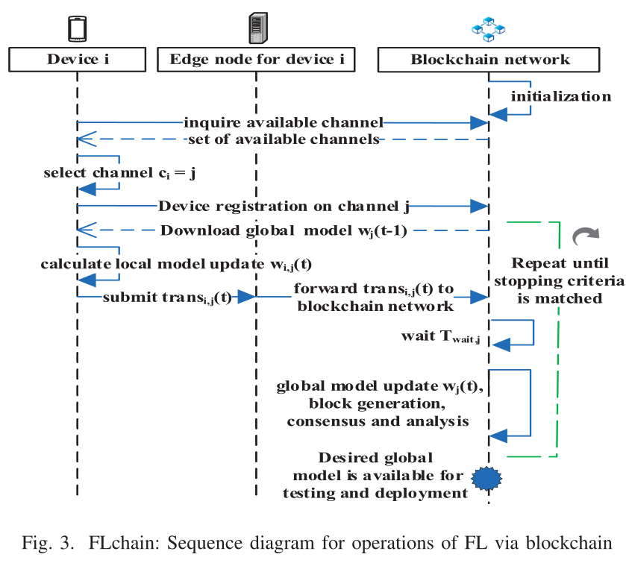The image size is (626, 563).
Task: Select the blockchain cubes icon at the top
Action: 489,30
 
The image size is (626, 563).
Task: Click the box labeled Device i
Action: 78,60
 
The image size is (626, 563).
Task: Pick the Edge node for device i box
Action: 257,60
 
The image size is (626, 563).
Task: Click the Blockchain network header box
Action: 489,60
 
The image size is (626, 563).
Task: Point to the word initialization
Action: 561,96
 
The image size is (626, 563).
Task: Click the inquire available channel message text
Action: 284,122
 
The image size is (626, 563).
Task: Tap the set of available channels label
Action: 284,139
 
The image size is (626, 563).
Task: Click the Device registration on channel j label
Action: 284,206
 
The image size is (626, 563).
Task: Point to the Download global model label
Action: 284,229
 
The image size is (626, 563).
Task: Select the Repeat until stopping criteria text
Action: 560,280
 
